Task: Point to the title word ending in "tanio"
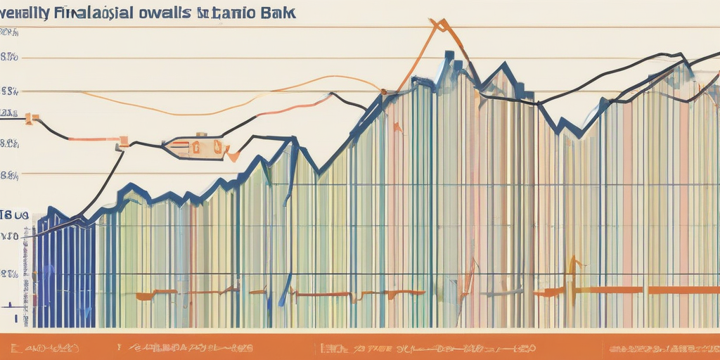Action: [221, 13]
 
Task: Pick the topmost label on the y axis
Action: [8, 32]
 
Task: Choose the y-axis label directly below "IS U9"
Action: [10, 237]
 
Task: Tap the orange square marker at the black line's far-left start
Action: [30, 119]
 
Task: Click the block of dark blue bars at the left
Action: [65, 274]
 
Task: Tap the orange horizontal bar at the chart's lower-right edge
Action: [682, 290]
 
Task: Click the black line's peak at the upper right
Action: [679, 53]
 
